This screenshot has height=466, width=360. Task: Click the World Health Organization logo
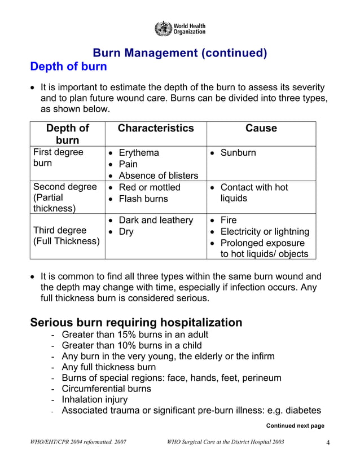[179, 28]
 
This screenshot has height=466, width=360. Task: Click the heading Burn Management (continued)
[179, 53]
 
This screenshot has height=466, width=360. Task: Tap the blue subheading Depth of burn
[68, 66]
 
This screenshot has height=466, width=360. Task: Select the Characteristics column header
[155, 128]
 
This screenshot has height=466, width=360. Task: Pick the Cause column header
[261, 128]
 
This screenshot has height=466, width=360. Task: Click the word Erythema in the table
[139, 153]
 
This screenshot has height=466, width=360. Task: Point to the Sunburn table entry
[238, 153]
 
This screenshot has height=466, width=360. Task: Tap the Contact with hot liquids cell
[254, 193]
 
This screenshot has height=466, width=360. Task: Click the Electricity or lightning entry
[265, 231]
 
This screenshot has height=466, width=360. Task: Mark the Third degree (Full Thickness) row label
[66, 236]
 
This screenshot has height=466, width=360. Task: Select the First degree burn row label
[58, 158]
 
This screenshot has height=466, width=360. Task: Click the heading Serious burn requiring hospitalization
[136, 323]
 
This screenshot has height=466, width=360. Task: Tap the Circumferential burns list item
[106, 389]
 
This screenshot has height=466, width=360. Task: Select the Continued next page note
[295, 425]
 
